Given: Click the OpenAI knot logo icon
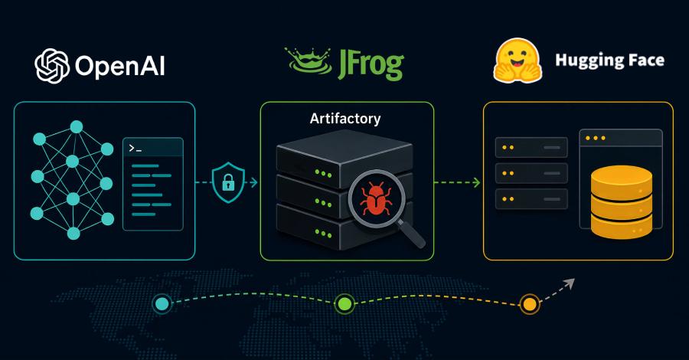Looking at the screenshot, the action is point(52,66).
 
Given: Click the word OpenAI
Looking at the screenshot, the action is point(120,67).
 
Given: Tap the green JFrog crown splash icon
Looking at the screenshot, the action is point(308,61).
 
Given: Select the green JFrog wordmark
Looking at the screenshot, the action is point(371,64).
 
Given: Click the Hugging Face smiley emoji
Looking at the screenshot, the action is point(518,61).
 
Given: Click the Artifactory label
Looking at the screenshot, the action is point(345,119).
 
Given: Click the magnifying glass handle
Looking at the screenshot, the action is point(411,234).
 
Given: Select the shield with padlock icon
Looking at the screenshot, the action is point(228,182).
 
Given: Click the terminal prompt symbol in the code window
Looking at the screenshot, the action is point(136,149).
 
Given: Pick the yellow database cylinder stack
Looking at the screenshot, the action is point(622,202).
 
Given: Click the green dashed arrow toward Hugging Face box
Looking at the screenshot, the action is point(457,182).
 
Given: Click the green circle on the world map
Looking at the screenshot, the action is point(344,304).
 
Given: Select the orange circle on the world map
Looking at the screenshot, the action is point(530,304).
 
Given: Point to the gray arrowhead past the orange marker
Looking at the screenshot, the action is point(570,283).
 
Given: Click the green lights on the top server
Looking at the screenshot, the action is point(323,174).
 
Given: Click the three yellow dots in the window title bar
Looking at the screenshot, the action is point(596,138).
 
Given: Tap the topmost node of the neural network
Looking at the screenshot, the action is point(77,127).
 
